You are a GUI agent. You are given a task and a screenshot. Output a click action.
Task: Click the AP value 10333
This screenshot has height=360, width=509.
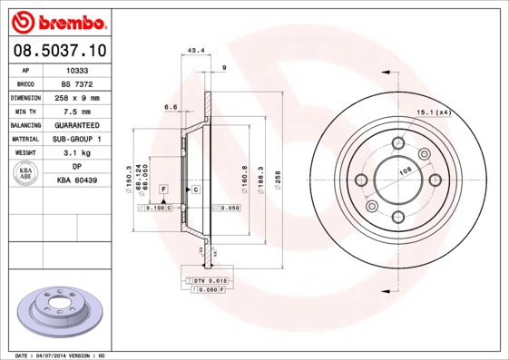tap(78, 69)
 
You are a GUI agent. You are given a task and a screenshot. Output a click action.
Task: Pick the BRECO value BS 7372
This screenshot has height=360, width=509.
tap(78, 83)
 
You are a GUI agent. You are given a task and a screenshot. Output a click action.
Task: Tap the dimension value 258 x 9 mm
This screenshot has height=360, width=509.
tap(78, 96)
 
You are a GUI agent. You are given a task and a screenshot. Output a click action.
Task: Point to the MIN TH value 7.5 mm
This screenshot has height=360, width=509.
tap(78, 110)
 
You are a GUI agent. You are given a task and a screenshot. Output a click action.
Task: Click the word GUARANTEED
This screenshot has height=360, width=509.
tap(78, 124)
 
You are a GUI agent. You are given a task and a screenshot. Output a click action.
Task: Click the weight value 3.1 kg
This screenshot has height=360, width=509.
tap(78, 152)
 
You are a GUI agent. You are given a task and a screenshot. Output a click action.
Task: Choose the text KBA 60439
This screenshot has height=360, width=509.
tap(78, 180)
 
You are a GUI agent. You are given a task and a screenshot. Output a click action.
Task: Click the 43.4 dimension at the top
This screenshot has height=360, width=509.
tap(194, 49)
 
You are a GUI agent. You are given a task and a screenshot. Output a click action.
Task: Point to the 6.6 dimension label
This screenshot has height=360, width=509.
tap(169, 107)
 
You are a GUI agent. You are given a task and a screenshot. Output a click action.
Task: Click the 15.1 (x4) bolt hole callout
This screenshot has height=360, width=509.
tap(434, 112)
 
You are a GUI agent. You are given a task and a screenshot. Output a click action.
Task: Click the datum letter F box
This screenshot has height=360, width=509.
tap(164, 189)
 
